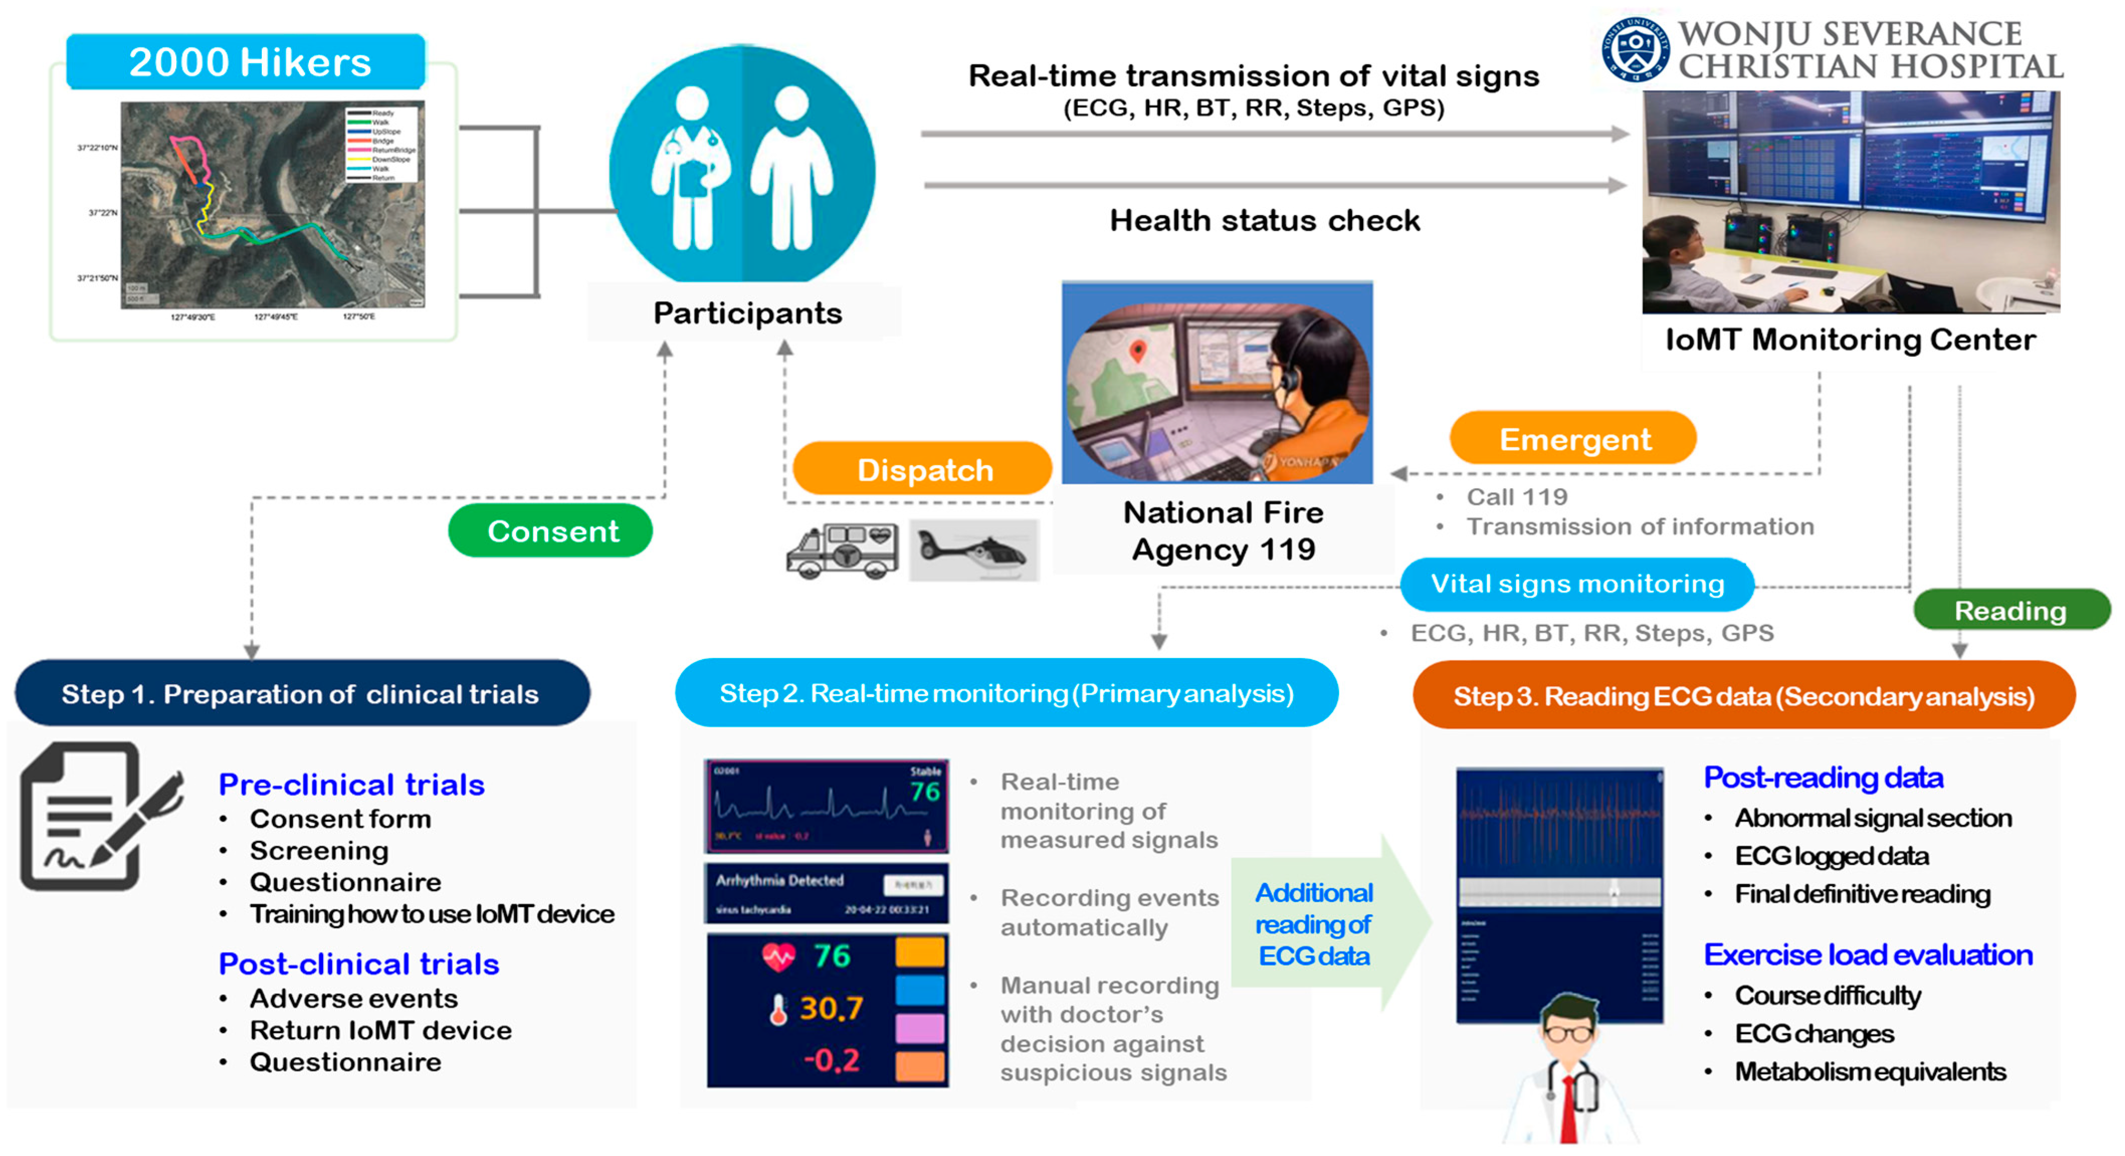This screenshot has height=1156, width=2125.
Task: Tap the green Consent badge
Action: point(551,531)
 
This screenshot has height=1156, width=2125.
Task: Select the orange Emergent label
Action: point(1573,439)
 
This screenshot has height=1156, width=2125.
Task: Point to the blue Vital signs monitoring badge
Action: point(1576,584)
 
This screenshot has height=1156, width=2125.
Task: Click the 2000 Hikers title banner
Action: point(248,62)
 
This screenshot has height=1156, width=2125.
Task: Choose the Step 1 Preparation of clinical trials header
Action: point(301,693)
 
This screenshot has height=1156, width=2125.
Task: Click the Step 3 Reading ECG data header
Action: point(1743,696)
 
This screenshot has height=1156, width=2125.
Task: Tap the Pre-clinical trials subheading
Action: point(351,784)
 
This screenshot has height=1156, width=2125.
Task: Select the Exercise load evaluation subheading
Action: point(1868,954)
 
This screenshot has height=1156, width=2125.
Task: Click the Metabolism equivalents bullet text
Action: point(1869,1071)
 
